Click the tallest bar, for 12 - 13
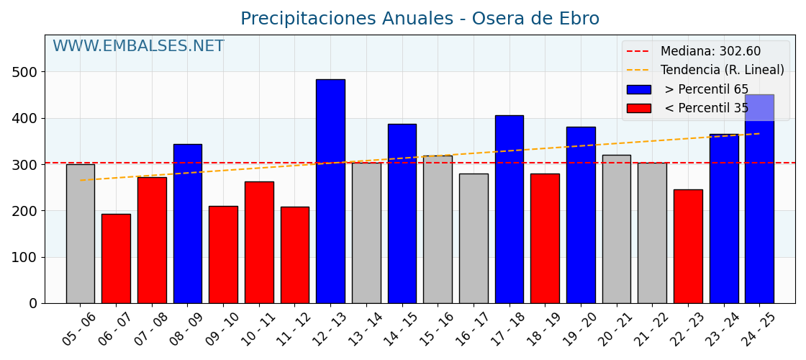(x=330, y=191)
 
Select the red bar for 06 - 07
(x=116, y=258)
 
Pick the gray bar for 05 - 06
(x=80, y=233)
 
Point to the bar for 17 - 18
(x=509, y=209)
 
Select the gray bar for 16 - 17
(x=474, y=238)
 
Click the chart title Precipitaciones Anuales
(x=420, y=19)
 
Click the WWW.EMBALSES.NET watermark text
(x=138, y=47)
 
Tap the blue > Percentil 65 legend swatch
(x=638, y=90)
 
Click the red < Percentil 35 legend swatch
(x=638, y=109)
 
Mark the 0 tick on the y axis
(x=33, y=304)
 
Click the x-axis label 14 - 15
(x=401, y=329)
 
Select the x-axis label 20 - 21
(x=615, y=329)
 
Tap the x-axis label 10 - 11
(x=258, y=329)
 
